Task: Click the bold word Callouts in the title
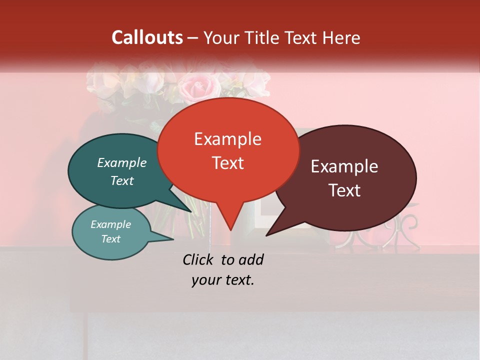[x=147, y=37]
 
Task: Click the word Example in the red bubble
[x=228, y=139]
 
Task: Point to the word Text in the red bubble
[x=228, y=163]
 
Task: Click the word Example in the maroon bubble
[x=344, y=166]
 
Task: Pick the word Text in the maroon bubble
[x=345, y=190]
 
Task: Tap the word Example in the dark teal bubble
[x=122, y=162]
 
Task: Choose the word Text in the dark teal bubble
[x=122, y=180]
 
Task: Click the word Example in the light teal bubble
[x=111, y=224]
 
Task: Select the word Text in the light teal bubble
[x=111, y=239]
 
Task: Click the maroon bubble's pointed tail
[x=268, y=233]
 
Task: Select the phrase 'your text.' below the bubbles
[x=223, y=280]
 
